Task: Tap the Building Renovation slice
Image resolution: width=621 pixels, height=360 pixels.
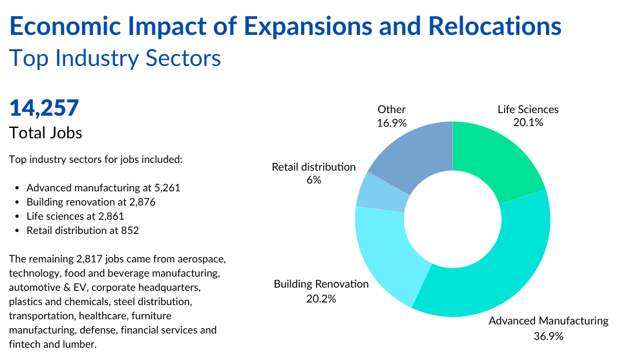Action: point(388,253)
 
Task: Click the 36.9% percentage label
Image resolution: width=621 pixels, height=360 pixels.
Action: point(548,336)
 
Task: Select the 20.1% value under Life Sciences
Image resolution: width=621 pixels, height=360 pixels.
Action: point(528,122)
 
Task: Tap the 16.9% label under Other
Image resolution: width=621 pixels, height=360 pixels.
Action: point(392,123)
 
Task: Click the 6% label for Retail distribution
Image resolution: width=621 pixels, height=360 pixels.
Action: point(313,180)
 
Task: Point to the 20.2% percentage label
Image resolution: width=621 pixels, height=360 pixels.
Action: point(321,299)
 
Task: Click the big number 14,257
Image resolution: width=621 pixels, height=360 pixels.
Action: point(44,108)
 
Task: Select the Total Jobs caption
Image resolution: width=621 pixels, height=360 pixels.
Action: point(45,133)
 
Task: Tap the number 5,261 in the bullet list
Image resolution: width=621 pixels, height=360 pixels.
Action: point(167,187)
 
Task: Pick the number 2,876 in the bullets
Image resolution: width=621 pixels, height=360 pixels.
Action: point(142,202)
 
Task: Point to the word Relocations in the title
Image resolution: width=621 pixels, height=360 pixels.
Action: point(494,26)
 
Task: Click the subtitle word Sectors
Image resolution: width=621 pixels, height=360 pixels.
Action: point(183,58)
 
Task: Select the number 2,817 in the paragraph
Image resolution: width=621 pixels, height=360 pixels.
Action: point(87,259)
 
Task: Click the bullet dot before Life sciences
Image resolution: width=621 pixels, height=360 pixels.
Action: point(17,217)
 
